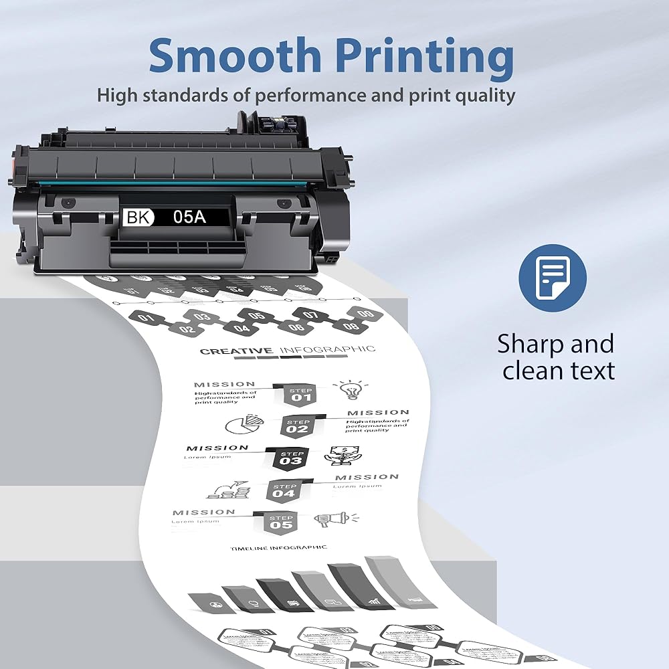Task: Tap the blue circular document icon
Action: (x=553, y=277)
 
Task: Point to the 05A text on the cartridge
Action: (x=191, y=217)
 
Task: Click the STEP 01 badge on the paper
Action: (x=301, y=394)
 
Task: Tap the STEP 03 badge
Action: (x=292, y=458)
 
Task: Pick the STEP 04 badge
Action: (x=284, y=490)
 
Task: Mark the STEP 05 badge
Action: (x=282, y=522)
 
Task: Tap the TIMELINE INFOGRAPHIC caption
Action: (x=279, y=548)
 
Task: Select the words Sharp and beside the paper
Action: (x=555, y=344)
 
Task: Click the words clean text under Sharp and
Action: (x=559, y=370)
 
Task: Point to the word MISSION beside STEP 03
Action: (x=217, y=448)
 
